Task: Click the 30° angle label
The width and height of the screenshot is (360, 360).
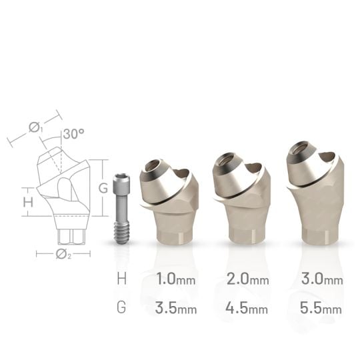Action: (x=73, y=133)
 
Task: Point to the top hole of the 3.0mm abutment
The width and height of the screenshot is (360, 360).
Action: (x=301, y=149)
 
